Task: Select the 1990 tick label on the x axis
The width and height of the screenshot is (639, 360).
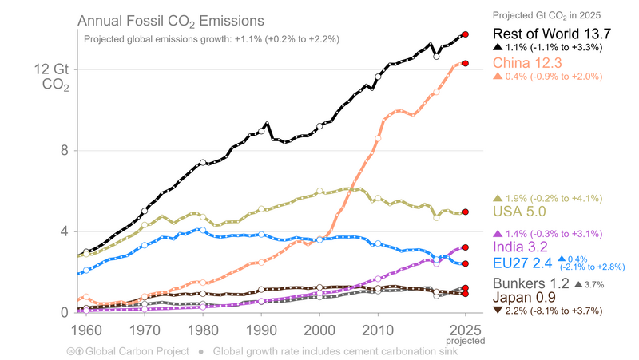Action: (x=260, y=328)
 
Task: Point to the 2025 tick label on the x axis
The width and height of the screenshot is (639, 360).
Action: (x=464, y=328)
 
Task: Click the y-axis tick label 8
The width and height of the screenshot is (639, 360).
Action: (x=63, y=151)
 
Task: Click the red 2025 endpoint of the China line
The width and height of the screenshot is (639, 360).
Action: (x=466, y=63)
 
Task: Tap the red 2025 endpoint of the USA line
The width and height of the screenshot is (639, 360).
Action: (x=466, y=212)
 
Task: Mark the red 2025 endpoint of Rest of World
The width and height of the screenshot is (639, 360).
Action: (x=466, y=34)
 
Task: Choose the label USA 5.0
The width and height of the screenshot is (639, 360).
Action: (x=519, y=212)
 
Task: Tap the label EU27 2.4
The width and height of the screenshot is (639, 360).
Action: (x=523, y=262)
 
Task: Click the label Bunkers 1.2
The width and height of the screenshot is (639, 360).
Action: (x=530, y=284)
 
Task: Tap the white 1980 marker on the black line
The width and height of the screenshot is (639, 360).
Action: (x=203, y=163)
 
